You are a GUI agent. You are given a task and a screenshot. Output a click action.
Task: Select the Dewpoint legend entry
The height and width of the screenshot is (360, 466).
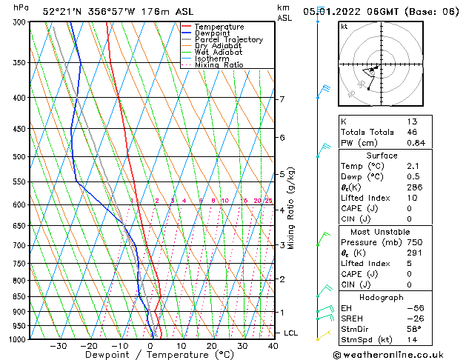(214, 33)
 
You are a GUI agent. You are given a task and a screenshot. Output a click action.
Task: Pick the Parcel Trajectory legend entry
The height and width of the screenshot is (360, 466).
(228, 40)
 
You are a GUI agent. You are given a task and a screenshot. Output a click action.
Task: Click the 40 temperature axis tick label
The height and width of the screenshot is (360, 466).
(273, 346)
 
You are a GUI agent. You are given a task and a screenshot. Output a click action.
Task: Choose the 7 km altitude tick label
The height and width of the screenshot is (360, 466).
(282, 99)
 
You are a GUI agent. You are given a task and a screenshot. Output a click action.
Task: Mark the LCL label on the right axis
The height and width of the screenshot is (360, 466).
(292, 333)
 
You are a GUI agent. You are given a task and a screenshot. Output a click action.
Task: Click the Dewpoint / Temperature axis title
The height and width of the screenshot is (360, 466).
(150, 355)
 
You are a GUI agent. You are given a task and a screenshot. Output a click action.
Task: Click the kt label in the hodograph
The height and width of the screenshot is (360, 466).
(344, 26)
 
